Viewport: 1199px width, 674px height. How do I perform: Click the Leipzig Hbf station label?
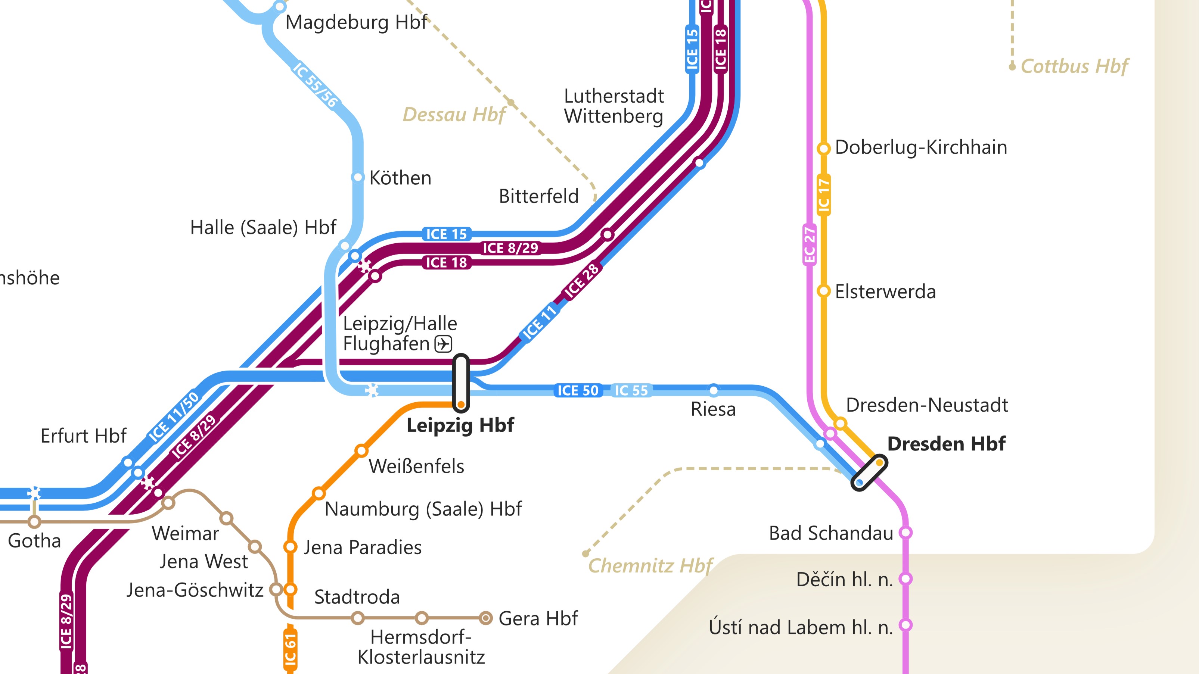[460, 425]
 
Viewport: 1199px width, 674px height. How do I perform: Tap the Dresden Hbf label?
[946, 444]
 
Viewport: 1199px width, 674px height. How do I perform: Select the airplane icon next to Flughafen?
[443, 344]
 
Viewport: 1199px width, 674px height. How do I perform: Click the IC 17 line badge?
[823, 195]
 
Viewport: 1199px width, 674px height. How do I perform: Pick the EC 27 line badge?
[810, 245]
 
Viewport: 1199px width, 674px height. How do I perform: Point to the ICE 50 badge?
[578, 390]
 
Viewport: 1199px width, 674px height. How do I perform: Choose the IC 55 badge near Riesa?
[631, 390]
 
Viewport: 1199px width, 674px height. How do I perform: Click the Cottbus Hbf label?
[1074, 66]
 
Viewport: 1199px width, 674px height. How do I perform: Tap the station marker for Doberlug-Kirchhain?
[823, 149]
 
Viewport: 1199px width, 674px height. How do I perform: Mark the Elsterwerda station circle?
[823, 291]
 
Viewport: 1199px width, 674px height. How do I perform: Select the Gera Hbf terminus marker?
[485, 618]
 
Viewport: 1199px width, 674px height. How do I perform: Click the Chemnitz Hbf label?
[650, 566]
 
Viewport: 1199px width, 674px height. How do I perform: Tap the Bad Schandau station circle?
[905, 532]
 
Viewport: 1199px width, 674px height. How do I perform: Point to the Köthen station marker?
[357, 177]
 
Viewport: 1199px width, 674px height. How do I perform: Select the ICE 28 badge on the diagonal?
[581, 281]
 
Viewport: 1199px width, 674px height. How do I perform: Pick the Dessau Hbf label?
[453, 115]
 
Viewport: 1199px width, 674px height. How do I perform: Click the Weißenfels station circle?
[361, 450]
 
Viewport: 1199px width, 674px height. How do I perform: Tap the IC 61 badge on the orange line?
[290, 649]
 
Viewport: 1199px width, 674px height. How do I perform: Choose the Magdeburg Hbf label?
[356, 22]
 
